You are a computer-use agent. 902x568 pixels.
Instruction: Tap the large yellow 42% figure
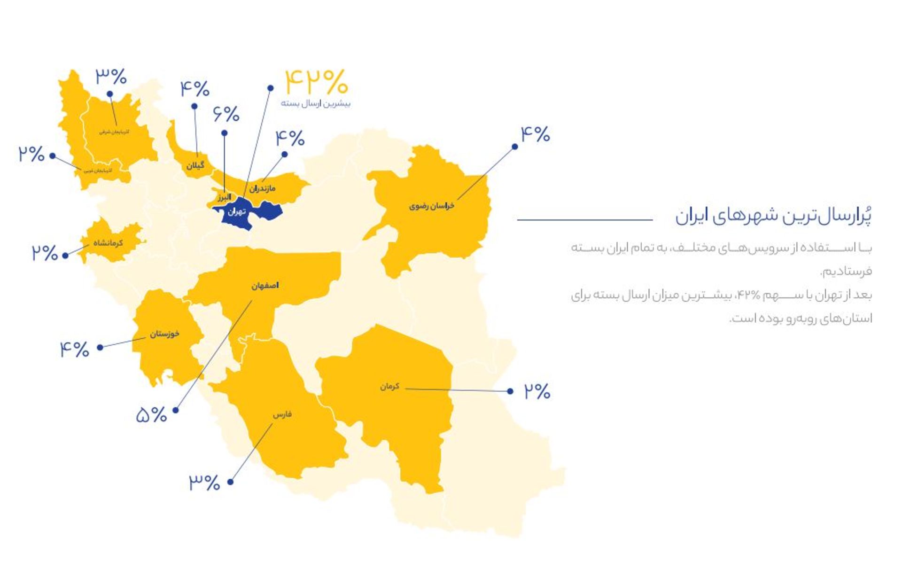316,82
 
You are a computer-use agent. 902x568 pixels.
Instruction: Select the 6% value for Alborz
226,114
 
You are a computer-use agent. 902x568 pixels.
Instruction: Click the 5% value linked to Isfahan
151,415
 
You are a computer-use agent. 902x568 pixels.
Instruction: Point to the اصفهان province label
265,286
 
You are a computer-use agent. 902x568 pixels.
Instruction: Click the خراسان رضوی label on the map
431,206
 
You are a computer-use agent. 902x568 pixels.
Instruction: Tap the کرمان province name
389,386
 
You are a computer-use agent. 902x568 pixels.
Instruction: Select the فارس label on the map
282,414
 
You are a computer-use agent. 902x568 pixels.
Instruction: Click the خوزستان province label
164,334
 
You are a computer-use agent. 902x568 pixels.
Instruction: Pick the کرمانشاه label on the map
109,243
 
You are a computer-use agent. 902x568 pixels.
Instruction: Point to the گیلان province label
195,165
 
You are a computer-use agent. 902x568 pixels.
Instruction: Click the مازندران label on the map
263,188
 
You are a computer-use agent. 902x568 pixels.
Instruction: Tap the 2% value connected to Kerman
537,391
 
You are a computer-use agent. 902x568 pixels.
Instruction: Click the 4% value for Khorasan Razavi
535,135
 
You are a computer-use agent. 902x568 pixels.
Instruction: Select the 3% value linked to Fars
204,482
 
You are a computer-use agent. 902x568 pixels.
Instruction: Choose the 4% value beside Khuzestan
74,349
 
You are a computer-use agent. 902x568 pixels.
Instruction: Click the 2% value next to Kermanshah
45,253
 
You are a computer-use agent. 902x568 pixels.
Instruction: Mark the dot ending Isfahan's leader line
176,410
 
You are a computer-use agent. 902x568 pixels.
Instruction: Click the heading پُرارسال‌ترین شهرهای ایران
773,216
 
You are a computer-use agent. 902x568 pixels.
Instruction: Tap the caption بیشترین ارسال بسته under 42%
316,103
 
